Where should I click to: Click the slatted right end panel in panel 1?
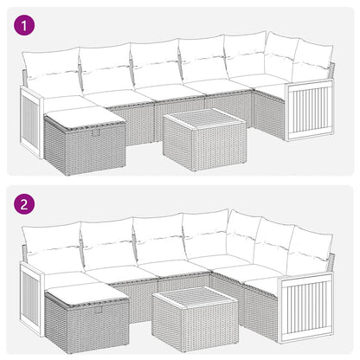pos(309,110)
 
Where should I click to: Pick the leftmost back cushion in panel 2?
pos(49,247)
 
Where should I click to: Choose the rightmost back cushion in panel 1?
pos(311,62)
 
